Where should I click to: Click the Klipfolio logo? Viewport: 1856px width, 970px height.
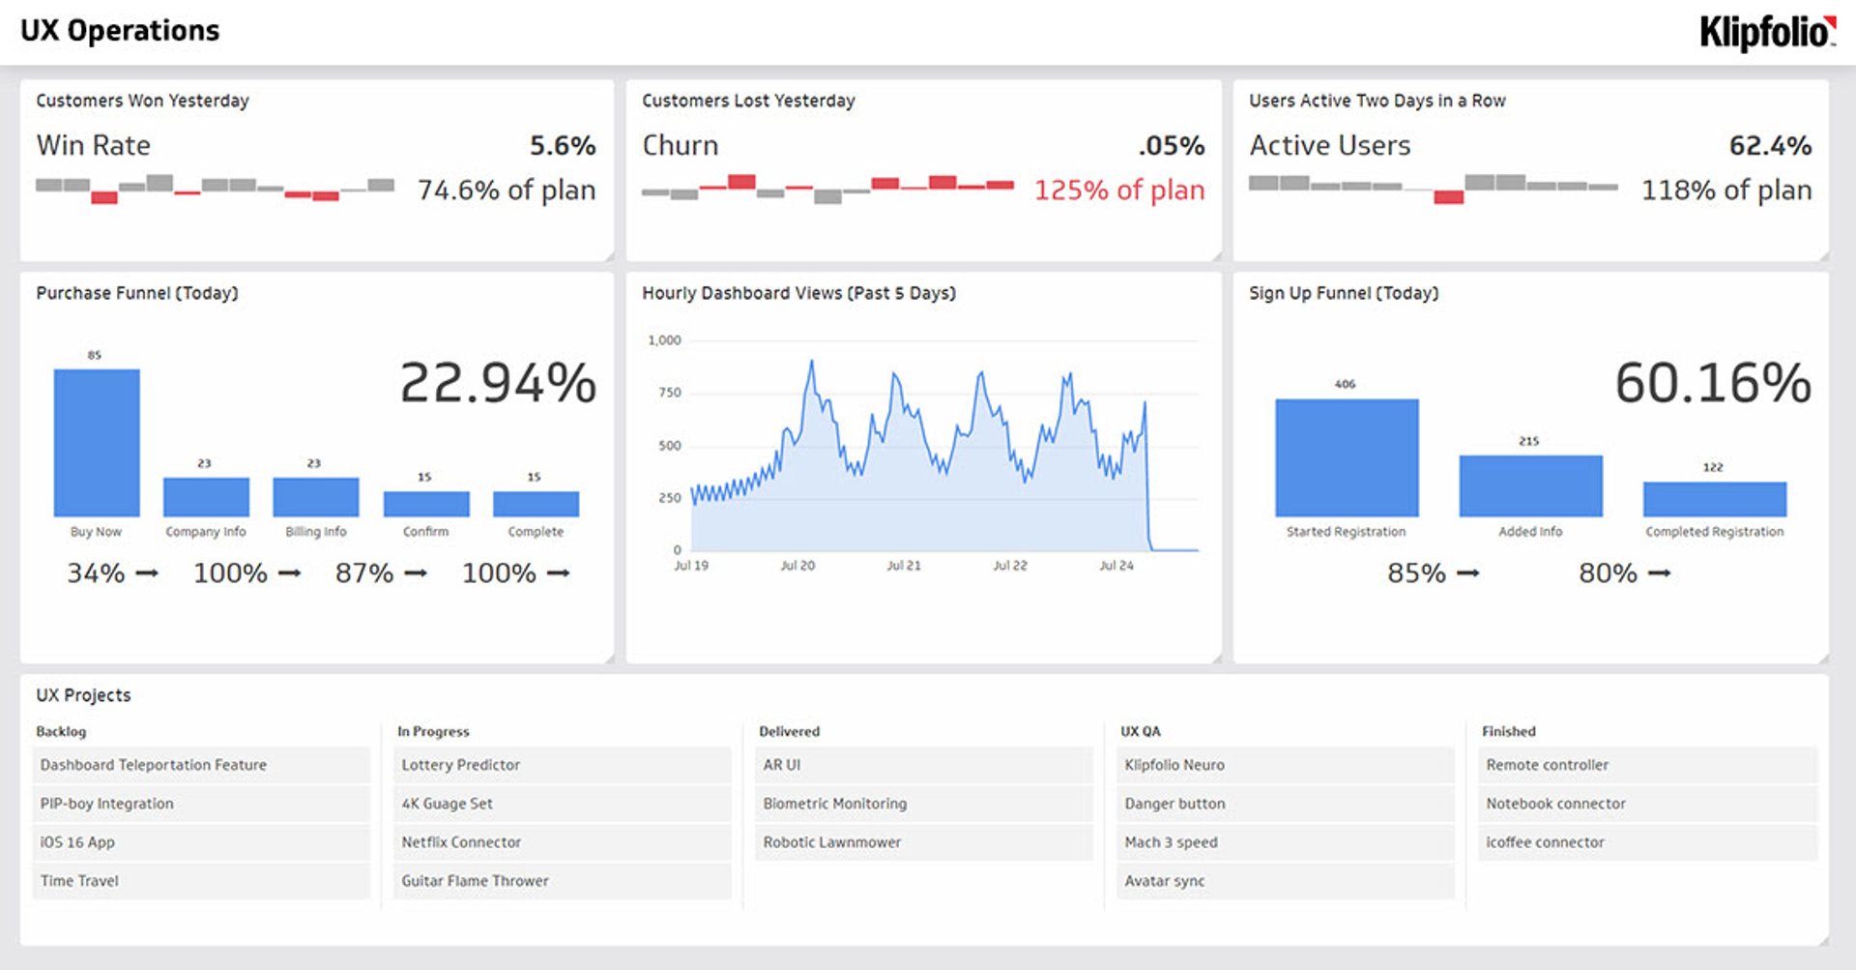tap(1767, 32)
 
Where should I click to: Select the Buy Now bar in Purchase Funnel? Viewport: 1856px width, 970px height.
tap(97, 443)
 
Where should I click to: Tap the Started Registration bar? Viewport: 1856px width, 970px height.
tap(1347, 457)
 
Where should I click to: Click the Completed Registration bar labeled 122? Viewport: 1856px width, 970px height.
tap(1714, 499)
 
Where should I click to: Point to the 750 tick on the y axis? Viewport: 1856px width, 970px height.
tap(670, 393)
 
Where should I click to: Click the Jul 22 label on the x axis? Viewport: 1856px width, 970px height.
tap(1010, 566)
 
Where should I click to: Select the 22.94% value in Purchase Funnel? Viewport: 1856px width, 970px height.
tap(498, 383)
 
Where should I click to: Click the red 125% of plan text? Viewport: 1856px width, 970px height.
tap(1119, 191)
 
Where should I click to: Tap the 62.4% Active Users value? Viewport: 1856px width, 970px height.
tap(1770, 146)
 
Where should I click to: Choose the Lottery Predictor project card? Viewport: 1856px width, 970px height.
tap(461, 765)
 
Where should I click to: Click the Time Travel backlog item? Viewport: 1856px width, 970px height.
tap(79, 881)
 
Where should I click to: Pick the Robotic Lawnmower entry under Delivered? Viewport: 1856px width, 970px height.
tap(831, 842)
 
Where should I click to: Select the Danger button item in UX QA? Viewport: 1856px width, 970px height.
tap(1174, 804)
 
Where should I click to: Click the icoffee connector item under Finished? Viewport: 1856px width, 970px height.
tap(1545, 842)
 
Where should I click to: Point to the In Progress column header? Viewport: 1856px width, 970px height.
tap(433, 732)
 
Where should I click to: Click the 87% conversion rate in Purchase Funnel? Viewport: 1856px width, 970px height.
tap(364, 573)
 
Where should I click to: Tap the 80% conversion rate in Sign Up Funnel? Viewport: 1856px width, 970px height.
tap(1608, 573)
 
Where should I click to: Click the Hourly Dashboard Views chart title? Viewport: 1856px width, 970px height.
tap(798, 293)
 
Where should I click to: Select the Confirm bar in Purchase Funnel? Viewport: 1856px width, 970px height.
tap(426, 504)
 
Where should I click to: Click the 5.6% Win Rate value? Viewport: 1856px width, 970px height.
tap(562, 146)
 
